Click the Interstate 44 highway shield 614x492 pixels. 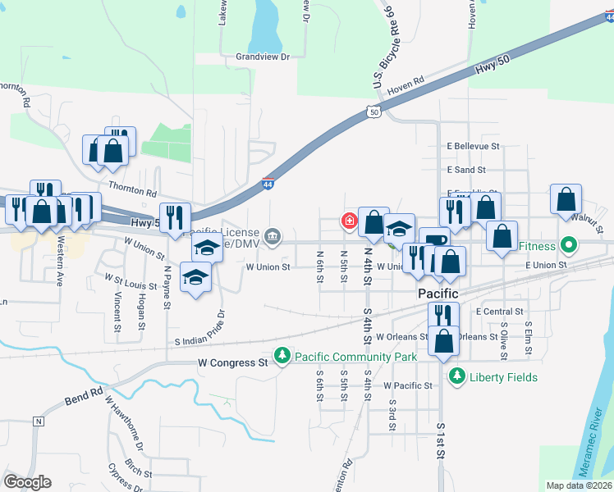[268, 184]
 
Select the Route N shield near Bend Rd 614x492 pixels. [37, 421]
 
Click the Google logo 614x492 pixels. [27, 481]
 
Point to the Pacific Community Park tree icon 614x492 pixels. [283, 355]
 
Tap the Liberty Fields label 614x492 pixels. [503, 377]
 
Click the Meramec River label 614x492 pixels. [598, 435]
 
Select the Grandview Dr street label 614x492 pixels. [263, 57]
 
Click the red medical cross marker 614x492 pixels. [349, 221]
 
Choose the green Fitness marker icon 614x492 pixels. [567, 245]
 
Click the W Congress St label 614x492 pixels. [233, 362]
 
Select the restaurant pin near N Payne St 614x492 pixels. [175, 217]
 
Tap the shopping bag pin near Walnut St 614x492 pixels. [566, 199]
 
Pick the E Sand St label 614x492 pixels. [466, 170]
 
